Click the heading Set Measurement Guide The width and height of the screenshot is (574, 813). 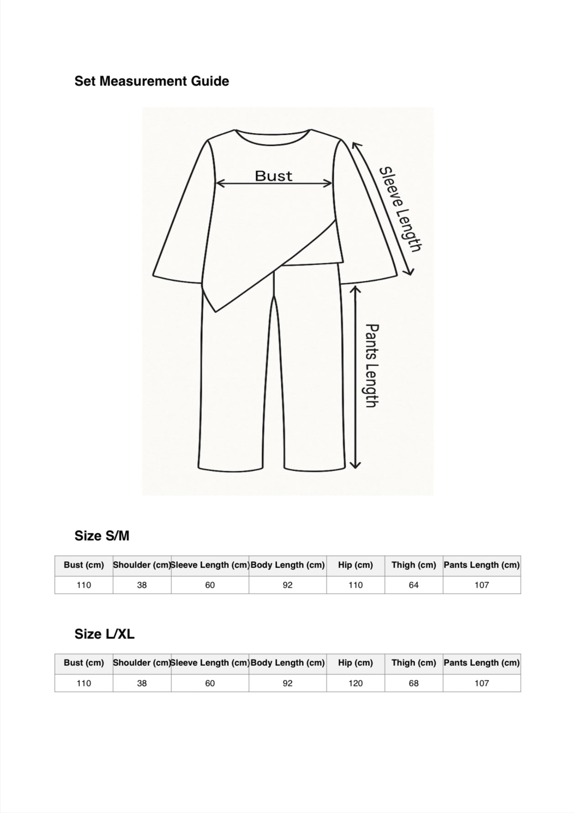(x=152, y=81)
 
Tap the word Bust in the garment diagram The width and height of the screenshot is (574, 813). (x=273, y=176)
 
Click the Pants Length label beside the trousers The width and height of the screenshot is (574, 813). (x=373, y=366)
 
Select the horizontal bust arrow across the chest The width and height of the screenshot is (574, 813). (x=273, y=184)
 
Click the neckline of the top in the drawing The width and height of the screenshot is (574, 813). (x=273, y=134)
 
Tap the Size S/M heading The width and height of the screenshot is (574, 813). (x=102, y=536)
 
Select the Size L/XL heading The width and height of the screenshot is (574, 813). (x=105, y=634)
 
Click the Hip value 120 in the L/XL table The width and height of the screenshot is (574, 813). (x=355, y=683)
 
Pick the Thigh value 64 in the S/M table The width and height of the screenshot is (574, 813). (x=413, y=585)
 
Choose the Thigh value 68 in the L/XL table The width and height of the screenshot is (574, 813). (x=413, y=683)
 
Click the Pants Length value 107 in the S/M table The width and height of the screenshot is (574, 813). (x=481, y=585)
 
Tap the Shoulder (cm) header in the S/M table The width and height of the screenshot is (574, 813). (x=142, y=565)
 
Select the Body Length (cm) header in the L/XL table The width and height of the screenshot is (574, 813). (x=288, y=663)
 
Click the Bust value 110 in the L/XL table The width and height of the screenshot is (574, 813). (x=84, y=683)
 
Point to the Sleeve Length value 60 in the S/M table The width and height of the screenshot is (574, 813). (x=210, y=585)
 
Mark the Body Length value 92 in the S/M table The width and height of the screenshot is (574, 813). (x=288, y=585)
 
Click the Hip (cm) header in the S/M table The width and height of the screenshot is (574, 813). (x=355, y=565)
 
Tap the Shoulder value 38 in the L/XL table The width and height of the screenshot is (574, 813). (x=142, y=683)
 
